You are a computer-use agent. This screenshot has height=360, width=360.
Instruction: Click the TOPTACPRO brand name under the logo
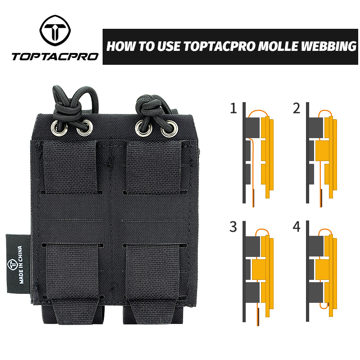click(x=54, y=57)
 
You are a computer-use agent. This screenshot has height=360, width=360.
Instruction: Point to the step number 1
click(x=233, y=109)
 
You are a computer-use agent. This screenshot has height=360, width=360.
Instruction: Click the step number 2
click(x=296, y=109)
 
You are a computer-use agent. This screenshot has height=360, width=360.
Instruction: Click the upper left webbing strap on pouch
click(x=69, y=167)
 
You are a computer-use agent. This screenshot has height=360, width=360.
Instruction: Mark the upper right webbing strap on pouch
click(x=153, y=167)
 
